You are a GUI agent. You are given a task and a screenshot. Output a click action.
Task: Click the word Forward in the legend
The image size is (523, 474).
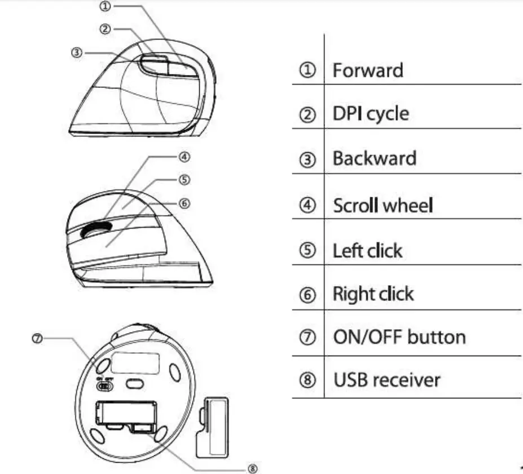tap(368, 70)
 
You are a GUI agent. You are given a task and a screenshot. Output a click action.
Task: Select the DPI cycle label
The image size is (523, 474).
tap(371, 114)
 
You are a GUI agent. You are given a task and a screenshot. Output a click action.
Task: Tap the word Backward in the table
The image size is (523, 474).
tap(374, 158)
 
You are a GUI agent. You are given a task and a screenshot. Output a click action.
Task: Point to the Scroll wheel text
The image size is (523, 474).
tap(383, 205)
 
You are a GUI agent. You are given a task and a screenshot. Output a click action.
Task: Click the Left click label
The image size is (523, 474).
tap(367, 250)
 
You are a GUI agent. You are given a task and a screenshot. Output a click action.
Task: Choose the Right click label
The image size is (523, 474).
tap(373, 294)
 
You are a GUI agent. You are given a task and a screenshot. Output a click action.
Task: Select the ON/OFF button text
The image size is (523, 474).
tap(399, 337)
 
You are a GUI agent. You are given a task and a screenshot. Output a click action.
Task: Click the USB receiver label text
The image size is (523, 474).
tap(386, 379)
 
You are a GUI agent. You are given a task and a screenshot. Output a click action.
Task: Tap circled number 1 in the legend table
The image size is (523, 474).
tap(307, 72)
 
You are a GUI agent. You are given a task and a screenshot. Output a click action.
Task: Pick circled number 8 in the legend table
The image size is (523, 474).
tap(307, 380)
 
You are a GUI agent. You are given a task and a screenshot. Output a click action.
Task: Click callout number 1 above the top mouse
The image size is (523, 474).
tap(106, 6)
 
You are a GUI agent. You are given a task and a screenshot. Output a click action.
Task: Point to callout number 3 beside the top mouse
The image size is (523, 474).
tap(77, 52)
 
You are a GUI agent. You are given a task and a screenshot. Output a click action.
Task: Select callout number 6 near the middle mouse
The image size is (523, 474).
tap(187, 203)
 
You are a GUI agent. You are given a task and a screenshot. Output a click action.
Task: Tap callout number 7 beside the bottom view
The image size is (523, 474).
tap(38, 339)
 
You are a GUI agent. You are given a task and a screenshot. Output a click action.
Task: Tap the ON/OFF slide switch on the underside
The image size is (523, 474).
tap(105, 386)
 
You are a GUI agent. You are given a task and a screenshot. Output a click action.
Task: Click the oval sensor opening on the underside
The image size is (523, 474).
tap(135, 384)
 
